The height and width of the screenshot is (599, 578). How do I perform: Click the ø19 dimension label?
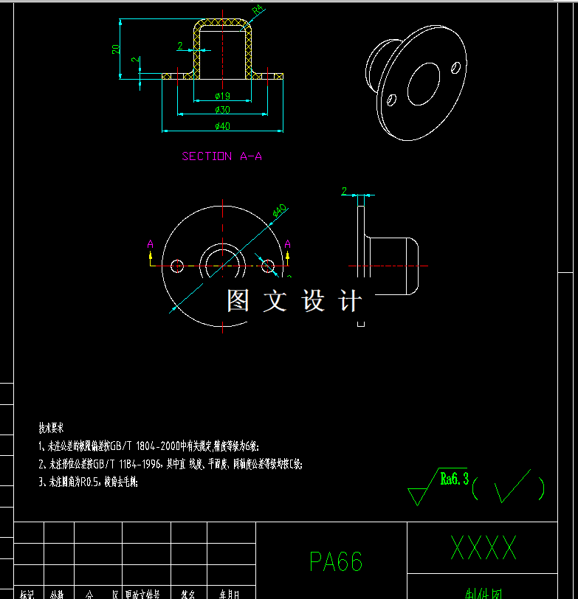[x=222, y=96]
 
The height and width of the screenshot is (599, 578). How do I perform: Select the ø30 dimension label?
[x=222, y=110]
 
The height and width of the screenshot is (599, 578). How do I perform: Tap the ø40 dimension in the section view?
[x=222, y=126]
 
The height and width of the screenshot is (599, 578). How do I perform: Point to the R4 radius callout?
[x=258, y=10]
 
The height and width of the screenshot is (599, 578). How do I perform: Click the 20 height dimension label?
[x=116, y=49]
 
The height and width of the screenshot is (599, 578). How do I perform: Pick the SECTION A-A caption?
[x=222, y=156]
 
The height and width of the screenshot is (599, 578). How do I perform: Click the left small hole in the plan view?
[x=177, y=266]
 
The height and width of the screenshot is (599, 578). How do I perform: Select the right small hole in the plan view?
[x=268, y=266]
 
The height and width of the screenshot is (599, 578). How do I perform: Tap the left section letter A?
[x=151, y=244]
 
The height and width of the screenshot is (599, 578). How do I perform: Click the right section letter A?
[x=288, y=244]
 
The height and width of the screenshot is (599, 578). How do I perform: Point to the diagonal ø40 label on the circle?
[x=280, y=211]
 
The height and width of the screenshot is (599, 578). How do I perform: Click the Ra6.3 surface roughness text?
[x=454, y=479]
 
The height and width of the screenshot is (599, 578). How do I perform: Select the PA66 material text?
[x=336, y=562]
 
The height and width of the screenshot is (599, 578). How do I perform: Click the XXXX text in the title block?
[x=484, y=548]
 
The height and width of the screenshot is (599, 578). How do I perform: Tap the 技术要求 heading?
[x=52, y=428]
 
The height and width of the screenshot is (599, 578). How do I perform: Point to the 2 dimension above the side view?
[x=344, y=191]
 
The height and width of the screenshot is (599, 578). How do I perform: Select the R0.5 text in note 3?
[x=89, y=482]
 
